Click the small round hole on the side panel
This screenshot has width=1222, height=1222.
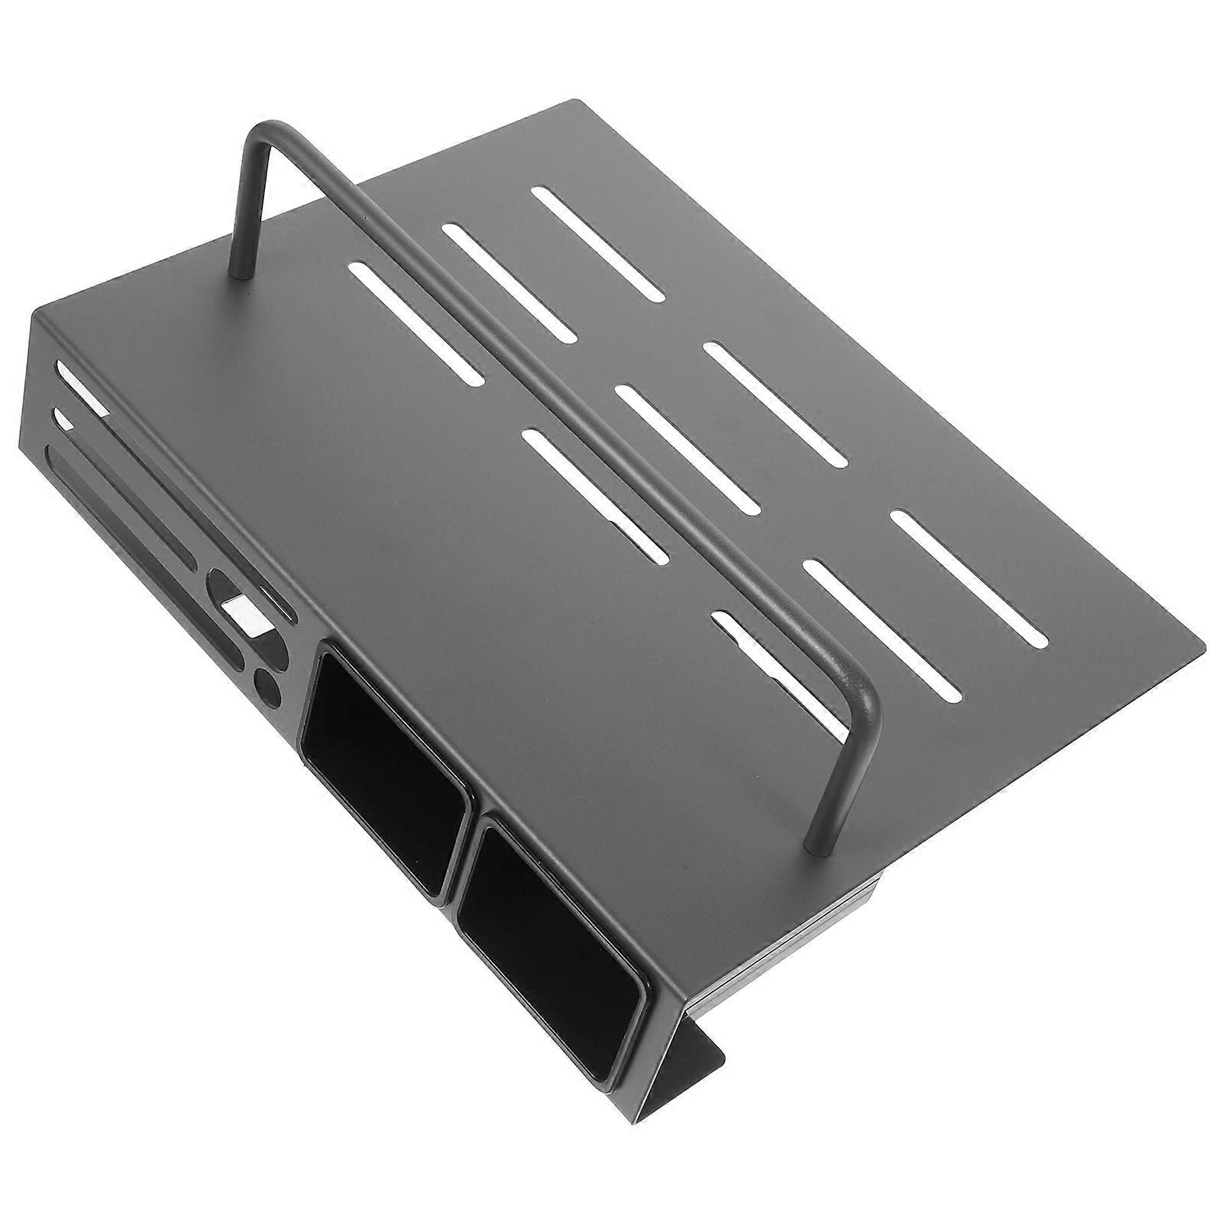click(267, 682)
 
